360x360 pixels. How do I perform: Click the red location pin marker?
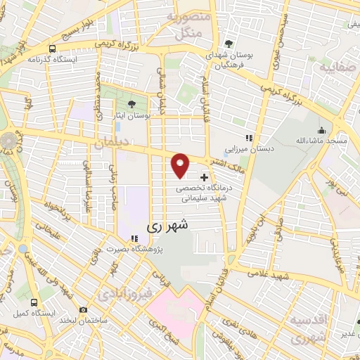click(181, 165)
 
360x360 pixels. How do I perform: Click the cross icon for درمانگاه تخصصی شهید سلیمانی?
click(205, 177)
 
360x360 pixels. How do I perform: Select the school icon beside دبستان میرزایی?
click(247, 139)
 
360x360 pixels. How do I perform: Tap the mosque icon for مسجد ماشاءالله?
click(322, 130)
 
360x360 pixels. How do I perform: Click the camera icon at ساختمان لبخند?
click(84, 309)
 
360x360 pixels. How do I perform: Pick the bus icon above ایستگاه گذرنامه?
click(53, 49)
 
